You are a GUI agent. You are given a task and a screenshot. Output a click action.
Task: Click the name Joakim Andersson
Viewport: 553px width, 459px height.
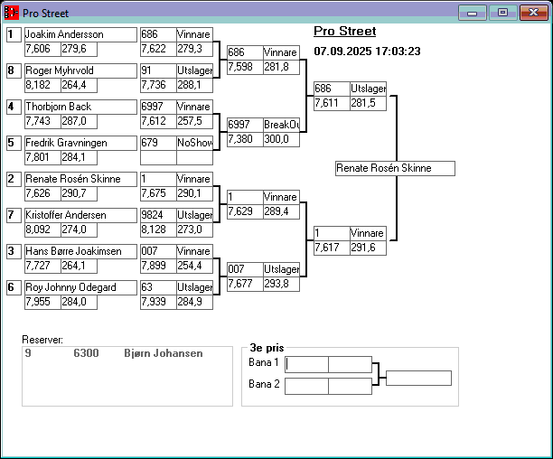pos(80,34)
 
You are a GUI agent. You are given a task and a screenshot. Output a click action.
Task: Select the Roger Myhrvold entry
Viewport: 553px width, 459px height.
pos(80,70)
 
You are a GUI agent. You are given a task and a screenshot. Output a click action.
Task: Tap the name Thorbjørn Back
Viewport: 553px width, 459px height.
pos(80,107)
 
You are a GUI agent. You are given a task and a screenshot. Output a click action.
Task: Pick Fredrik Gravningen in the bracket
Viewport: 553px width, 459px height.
pos(80,143)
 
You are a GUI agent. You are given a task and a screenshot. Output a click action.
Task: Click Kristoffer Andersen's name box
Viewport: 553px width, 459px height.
pos(80,215)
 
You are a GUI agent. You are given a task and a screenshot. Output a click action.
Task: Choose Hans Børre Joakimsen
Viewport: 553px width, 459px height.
pos(80,251)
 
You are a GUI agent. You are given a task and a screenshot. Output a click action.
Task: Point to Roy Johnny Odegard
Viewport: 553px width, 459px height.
pos(80,287)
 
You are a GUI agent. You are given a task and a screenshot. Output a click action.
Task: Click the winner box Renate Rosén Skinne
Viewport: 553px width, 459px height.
pos(394,168)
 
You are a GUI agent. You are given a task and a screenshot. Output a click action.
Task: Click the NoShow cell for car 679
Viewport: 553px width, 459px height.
pos(194,143)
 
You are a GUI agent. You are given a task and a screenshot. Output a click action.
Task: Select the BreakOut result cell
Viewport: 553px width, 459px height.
pos(280,125)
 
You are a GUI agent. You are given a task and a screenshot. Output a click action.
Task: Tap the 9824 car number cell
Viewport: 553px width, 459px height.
pos(157,215)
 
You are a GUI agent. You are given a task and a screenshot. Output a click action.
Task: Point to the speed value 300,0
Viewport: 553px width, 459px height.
pos(280,139)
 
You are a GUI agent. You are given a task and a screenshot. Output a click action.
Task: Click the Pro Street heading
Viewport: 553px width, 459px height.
pos(345,32)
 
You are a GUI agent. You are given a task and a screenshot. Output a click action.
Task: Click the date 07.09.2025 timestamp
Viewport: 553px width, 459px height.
pos(367,52)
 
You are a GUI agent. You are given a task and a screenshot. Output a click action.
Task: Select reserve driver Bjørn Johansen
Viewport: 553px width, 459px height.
pos(163,353)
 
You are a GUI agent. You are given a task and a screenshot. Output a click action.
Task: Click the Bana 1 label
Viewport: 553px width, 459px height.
pos(264,362)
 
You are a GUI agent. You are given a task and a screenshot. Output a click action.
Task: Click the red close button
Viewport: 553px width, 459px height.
pos(530,13)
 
